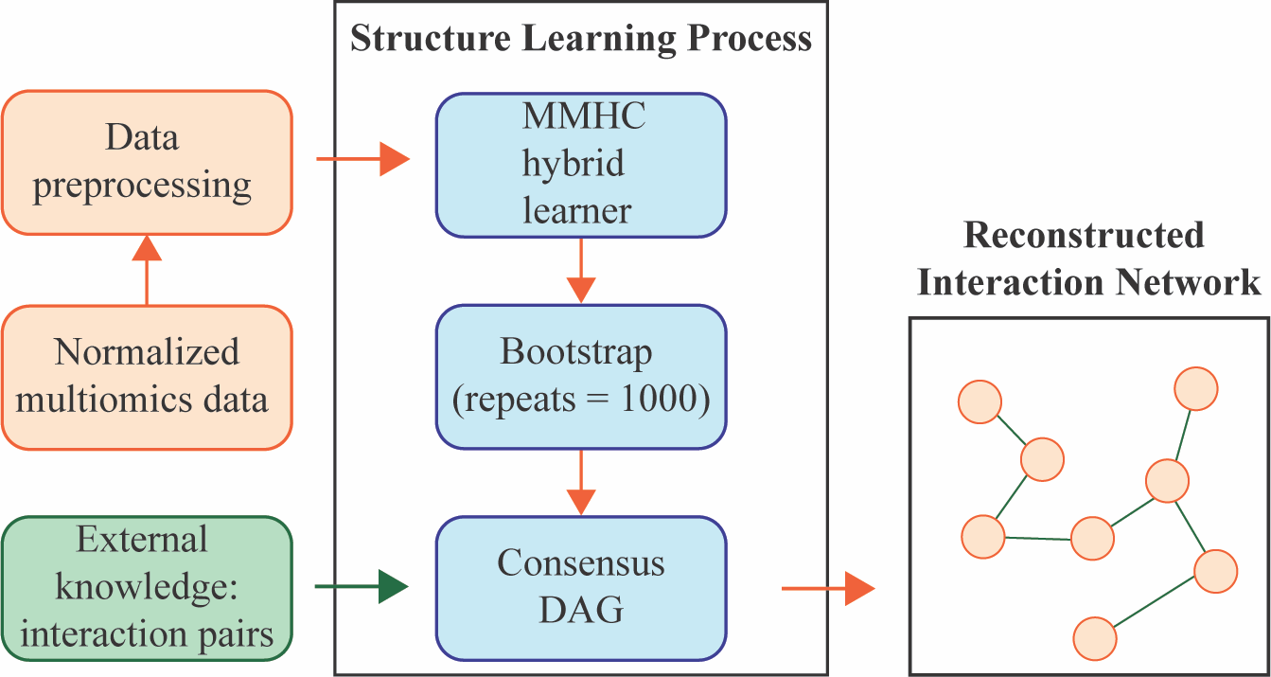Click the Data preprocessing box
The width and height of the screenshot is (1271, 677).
click(147, 162)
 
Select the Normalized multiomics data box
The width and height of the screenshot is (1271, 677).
click(147, 376)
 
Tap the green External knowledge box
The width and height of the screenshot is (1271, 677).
click(147, 587)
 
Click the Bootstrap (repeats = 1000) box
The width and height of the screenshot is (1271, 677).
click(580, 376)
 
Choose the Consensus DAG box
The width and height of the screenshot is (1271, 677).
click(580, 587)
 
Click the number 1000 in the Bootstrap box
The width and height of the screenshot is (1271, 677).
click(667, 400)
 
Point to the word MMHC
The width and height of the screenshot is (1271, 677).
click(584, 116)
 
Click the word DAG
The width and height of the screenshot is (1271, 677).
click(581, 611)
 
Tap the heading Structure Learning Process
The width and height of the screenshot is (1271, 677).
click(581, 38)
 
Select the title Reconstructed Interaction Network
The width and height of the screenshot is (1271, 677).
click(1088, 258)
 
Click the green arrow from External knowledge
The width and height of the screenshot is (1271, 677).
click(360, 587)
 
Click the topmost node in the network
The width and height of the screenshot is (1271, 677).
click(1195, 389)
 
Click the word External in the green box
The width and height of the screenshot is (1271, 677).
click(142, 540)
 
